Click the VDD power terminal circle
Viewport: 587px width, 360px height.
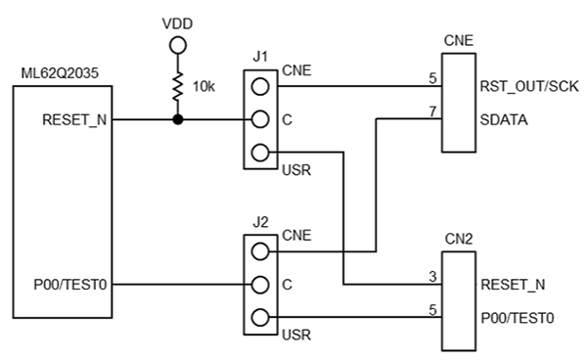pyautogui.click(x=177, y=45)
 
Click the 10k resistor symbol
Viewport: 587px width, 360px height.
pyautogui.click(x=177, y=86)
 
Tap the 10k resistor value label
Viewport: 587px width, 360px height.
pyautogui.click(x=203, y=87)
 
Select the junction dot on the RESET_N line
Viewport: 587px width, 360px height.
pyautogui.click(x=177, y=120)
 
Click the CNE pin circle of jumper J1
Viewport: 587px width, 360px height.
pyautogui.click(x=258, y=87)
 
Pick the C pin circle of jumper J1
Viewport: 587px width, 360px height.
pyautogui.click(x=258, y=120)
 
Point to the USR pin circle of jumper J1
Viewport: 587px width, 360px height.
pyautogui.click(x=258, y=153)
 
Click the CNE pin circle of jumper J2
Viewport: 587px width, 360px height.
pyautogui.click(x=258, y=251)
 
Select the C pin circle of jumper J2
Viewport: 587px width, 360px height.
pyautogui.click(x=258, y=285)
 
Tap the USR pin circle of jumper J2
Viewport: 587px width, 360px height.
pyautogui.click(x=258, y=317)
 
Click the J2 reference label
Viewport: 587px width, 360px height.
pyautogui.click(x=260, y=221)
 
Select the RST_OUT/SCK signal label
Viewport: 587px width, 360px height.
pyautogui.click(x=529, y=87)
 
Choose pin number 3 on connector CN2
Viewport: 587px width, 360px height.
pyautogui.click(x=431, y=277)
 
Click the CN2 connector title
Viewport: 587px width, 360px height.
pyautogui.click(x=458, y=238)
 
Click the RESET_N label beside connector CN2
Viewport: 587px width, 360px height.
pyautogui.click(x=514, y=285)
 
